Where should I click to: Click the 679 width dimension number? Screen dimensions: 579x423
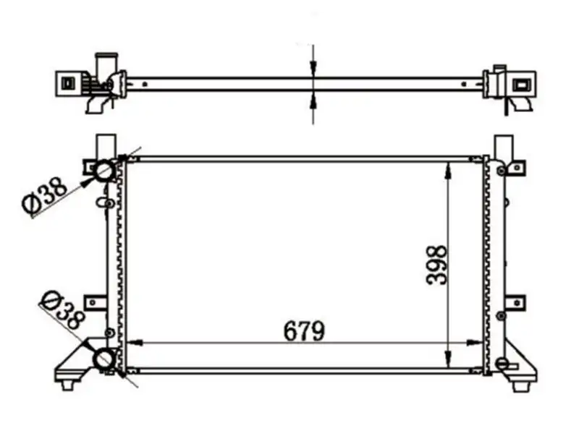tap(304, 330)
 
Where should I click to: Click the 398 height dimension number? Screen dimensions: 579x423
tap(436, 265)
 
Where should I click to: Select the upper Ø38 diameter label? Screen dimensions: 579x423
tap(45, 195)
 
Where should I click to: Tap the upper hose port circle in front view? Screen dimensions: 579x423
tap(103, 170)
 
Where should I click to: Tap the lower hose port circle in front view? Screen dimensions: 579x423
tap(103, 359)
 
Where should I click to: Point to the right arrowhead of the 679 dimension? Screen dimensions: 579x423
tap(475, 343)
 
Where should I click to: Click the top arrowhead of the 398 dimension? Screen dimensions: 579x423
tap(448, 170)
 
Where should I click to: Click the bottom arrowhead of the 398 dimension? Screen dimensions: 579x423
tap(448, 359)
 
